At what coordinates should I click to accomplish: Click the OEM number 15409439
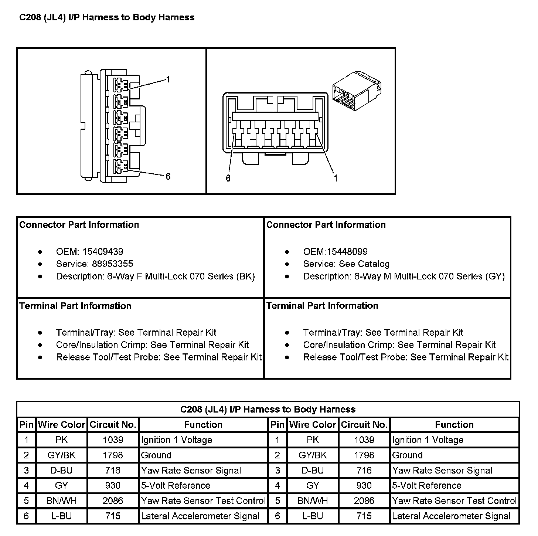point(103,252)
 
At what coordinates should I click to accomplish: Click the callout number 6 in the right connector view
point(228,178)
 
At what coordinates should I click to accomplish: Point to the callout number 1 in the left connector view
point(168,79)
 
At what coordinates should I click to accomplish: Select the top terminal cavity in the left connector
point(121,85)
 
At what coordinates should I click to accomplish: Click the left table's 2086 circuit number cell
point(113,501)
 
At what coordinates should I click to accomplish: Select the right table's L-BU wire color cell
point(313,516)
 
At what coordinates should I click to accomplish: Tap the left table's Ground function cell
point(156,455)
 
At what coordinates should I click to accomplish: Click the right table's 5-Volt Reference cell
point(426,485)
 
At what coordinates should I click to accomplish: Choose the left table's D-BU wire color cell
point(61,470)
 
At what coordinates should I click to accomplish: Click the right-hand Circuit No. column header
point(364,425)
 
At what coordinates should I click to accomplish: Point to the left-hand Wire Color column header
point(61,425)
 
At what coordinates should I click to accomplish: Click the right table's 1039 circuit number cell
point(364,440)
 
